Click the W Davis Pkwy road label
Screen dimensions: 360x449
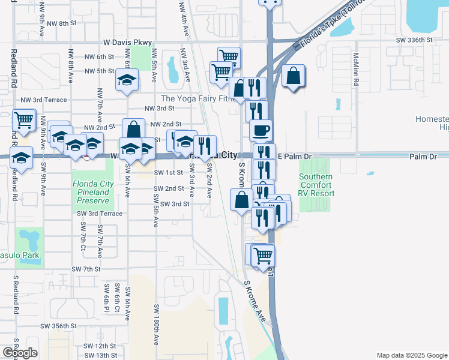pos(127,43)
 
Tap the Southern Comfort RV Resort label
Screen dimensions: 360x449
pos(316,185)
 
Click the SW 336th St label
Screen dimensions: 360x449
pos(416,40)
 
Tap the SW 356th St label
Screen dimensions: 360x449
pos(59,326)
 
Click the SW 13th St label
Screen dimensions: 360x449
pos(100,356)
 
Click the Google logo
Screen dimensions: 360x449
pos(20,353)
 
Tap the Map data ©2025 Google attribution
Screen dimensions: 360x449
pos(411,355)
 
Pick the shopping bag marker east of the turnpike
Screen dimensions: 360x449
pos(293,76)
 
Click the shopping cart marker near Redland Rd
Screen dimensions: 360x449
pos(23,120)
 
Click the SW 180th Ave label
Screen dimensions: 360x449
pos(156,324)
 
